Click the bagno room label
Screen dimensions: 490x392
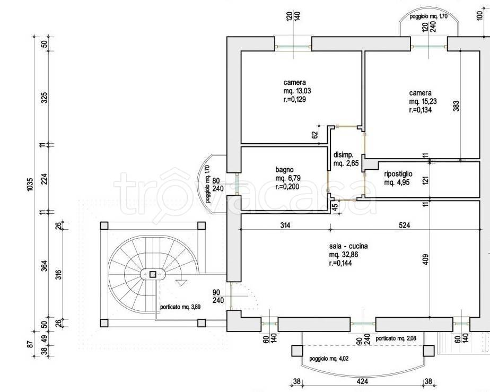click(284, 170)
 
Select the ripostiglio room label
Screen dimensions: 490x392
click(398, 174)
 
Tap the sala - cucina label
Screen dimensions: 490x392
click(348, 246)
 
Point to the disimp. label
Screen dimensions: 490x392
click(344, 155)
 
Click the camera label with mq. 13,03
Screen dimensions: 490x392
click(295, 83)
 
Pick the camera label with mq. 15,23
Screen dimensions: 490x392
click(421, 93)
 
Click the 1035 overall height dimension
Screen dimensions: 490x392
click(30, 185)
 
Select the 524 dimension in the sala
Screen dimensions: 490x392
click(405, 225)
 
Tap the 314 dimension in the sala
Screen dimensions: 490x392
click(285, 225)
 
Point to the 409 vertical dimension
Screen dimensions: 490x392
click(425, 259)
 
